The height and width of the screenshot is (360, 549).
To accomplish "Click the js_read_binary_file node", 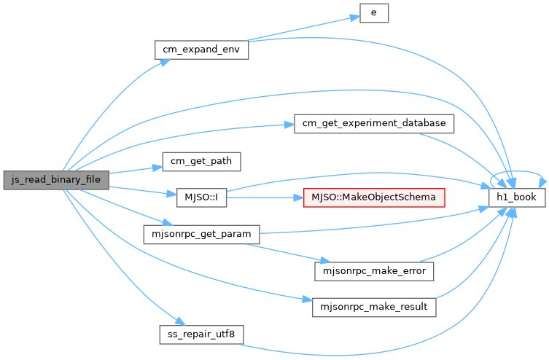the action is click(x=56, y=180).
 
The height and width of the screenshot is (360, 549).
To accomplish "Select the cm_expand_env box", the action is click(x=202, y=50).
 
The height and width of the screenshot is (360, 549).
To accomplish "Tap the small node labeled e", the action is click(x=374, y=13).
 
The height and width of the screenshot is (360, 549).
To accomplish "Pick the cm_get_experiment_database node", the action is click(x=374, y=124).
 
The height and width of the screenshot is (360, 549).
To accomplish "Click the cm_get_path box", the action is click(x=201, y=162).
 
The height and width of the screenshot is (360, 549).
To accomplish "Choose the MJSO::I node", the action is click(x=201, y=197).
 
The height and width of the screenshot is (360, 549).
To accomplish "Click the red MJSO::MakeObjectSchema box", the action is click(x=374, y=197).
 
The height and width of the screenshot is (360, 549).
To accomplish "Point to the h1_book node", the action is click(x=517, y=197).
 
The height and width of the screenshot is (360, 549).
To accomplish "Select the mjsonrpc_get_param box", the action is click(x=202, y=235).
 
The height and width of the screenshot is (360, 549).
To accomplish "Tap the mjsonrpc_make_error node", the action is click(x=374, y=271).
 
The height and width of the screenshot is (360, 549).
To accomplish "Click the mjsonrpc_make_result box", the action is click(x=374, y=308).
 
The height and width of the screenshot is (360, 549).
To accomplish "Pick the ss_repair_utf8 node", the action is click(x=201, y=334).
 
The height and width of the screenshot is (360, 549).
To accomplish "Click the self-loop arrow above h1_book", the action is click(x=517, y=171).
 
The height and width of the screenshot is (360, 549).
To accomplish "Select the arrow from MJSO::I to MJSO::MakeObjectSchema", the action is click(x=265, y=197).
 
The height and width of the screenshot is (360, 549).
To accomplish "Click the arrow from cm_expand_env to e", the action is click(x=303, y=28).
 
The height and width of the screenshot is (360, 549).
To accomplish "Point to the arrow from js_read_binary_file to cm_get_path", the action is click(x=136, y=170).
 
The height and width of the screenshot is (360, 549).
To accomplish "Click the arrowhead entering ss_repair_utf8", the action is click(x=180, y=321).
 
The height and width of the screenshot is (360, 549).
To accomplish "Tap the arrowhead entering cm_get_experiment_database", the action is click(x=289, y=125).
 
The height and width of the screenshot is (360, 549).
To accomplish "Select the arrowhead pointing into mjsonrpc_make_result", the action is click(x=307, y=300).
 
